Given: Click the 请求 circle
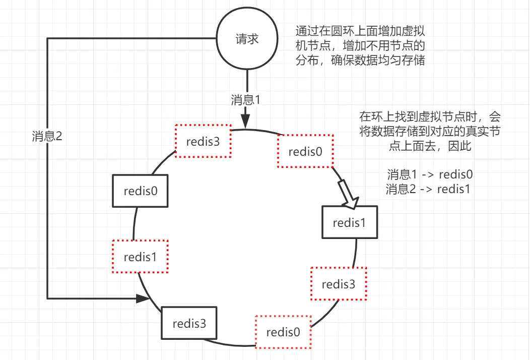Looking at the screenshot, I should point(247,39).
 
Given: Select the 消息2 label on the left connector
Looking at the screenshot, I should point(47,137).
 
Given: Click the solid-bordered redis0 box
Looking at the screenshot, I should point(140,191).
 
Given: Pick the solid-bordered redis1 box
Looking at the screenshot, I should point(349,222).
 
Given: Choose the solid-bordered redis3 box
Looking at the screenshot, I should point(189,323).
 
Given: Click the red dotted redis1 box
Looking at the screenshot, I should point(140,257).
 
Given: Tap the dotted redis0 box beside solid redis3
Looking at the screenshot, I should point(283,332).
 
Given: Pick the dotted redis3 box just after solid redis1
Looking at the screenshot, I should point(339,284).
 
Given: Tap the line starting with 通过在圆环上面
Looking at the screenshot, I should point(360,30).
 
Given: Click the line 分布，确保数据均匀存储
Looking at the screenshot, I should point(360,61).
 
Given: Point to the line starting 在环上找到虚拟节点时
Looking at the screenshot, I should point(430,117).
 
